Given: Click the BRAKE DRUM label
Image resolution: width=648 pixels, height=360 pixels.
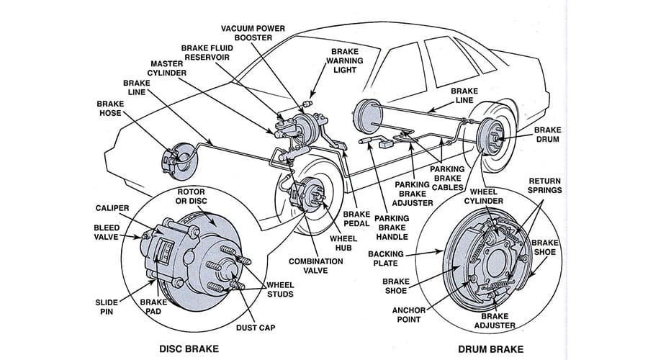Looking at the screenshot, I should click(x=551, y=135).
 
